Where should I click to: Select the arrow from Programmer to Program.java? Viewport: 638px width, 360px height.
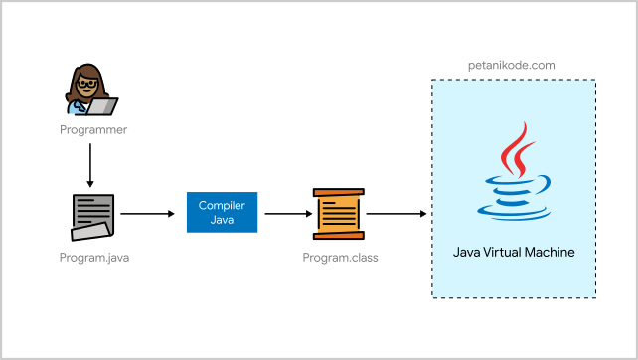pyautogui.click(x=90, y=165)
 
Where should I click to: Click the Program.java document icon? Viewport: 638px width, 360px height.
pyautogui.click(x=92, y=216)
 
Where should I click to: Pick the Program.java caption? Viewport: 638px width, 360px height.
pyautogui.click(x=94, y=258)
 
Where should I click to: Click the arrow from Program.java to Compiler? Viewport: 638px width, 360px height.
pyautogui.click(x=146, y=213)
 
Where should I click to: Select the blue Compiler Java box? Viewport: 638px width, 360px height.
pyautogui.click(x=222, y=212)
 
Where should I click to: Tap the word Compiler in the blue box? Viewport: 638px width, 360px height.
pyautogui.click(x=222, y=205)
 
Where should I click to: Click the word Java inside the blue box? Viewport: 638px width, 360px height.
pyautogui.click(x=222, y=220)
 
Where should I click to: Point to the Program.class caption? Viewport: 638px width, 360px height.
pyautogui.click(x=340, y=258)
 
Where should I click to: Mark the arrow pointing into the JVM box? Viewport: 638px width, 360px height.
pyautogui.click(x=398, y=213)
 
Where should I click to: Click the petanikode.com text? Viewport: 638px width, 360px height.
pyautogui.click(x=511, y=65)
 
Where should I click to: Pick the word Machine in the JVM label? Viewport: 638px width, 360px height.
pyautogui.click(x=555, y=253)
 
